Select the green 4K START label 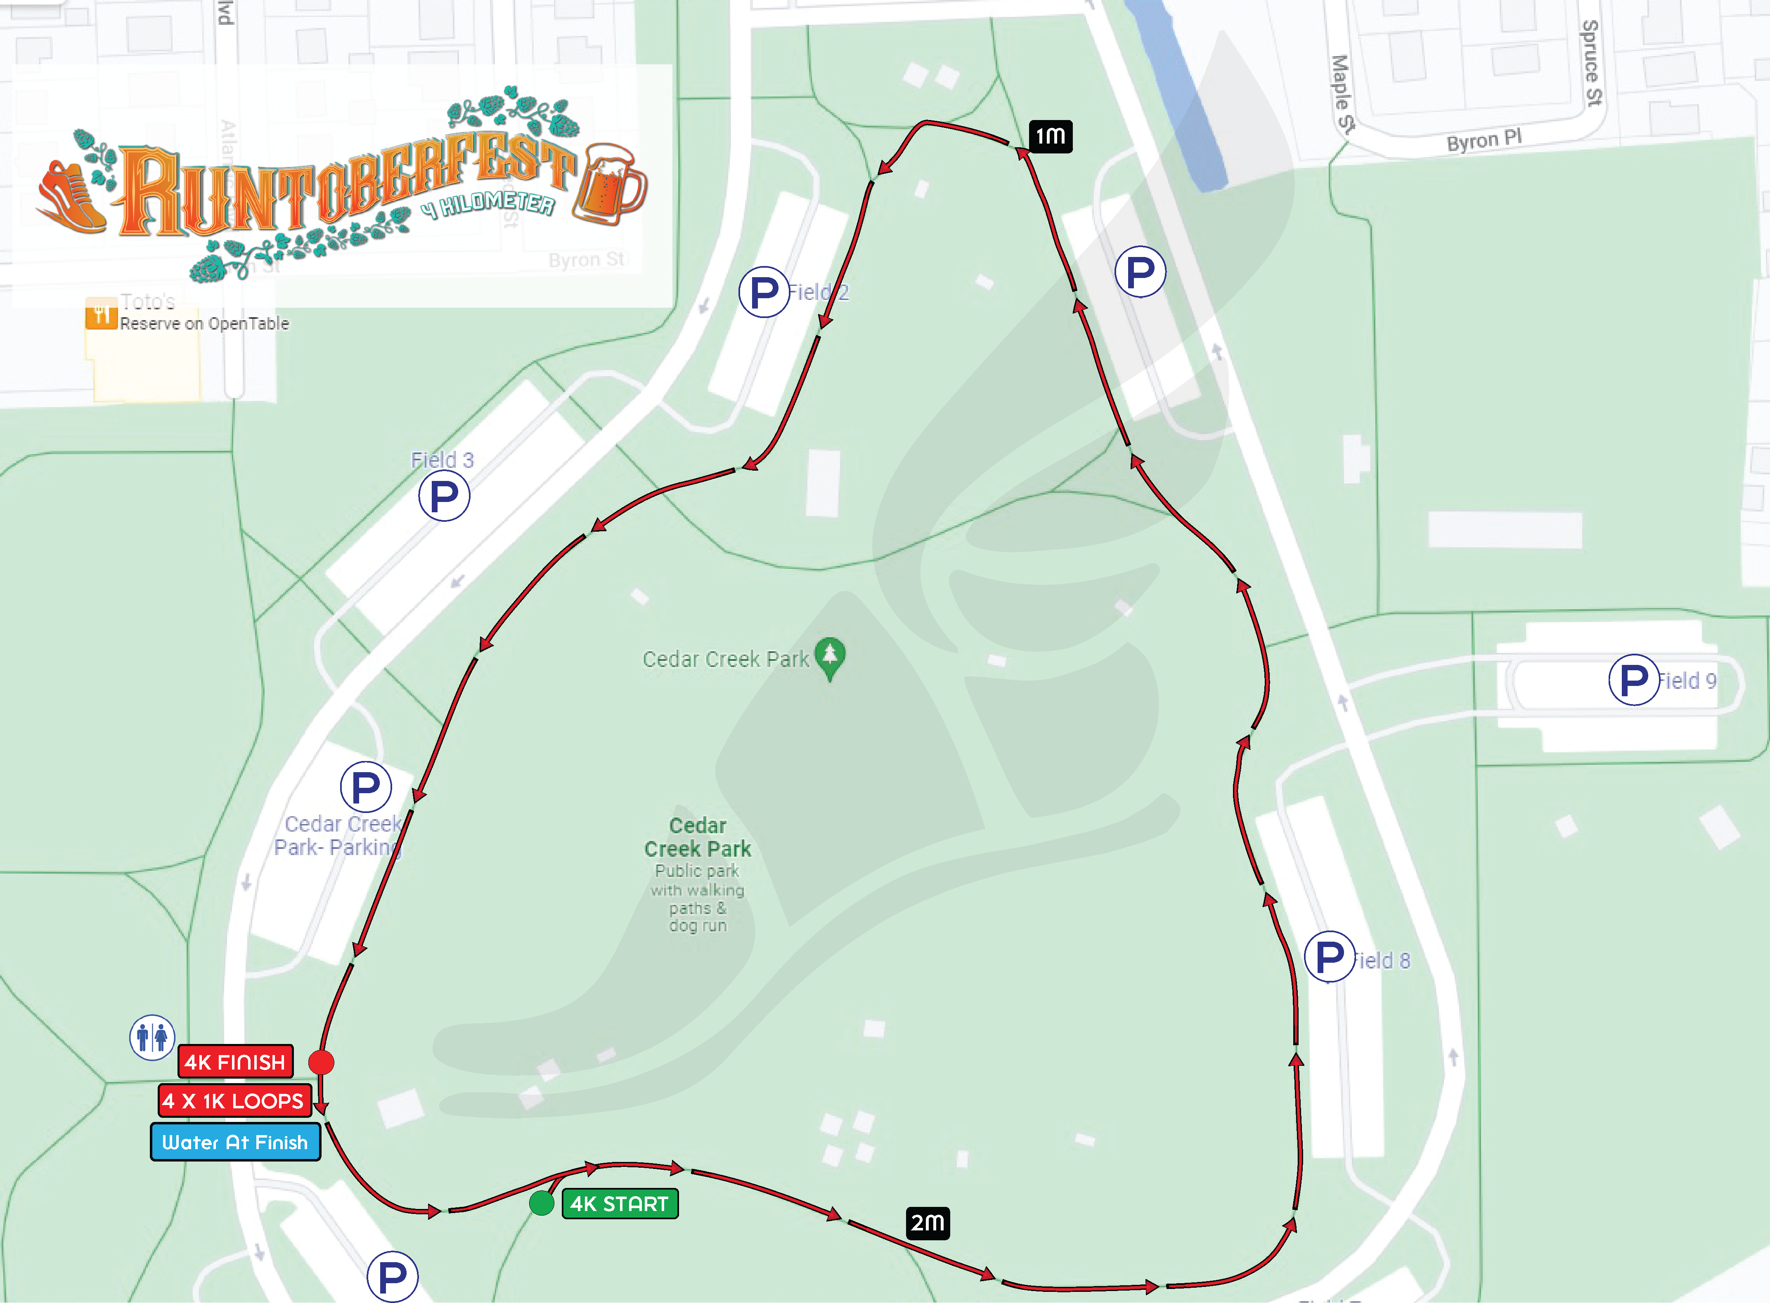[620, 1204]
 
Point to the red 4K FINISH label [235, 1062]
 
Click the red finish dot [321, 1063]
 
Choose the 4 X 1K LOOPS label [234, 1100]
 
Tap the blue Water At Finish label [235, 1142]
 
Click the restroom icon [151, 1037]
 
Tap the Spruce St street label [1592, 63]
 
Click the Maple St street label [1342, 93]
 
